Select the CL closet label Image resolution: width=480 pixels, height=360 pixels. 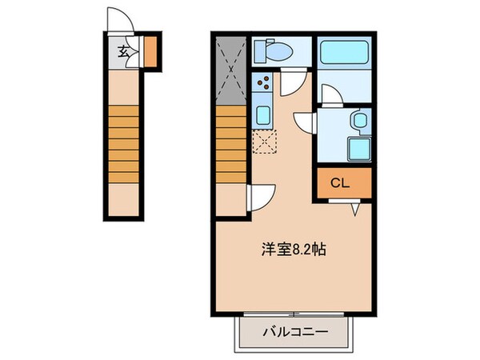[341, 183]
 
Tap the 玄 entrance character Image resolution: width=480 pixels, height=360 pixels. [123, 53]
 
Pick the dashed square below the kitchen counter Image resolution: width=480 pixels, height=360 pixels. [263, 142]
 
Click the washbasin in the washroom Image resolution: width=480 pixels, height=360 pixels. [358, 122]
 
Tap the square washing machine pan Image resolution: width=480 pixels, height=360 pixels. [358, 149]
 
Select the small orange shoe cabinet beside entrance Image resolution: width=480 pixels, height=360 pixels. [150, 51]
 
